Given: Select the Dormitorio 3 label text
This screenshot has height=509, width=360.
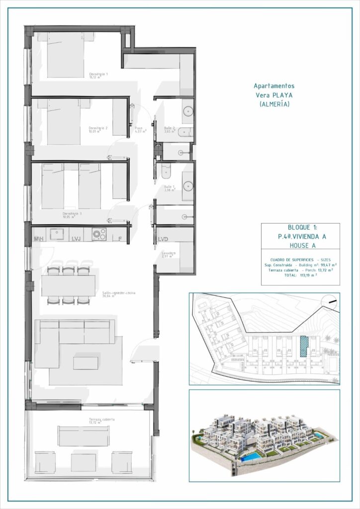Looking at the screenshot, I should pos(72,215).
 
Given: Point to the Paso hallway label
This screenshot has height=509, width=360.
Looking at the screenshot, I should pos(140,130).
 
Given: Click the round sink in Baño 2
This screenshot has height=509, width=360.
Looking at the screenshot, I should pos(188,111).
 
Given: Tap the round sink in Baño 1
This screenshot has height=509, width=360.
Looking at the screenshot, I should pos(188,186).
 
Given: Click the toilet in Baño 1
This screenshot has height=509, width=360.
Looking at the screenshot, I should pos(166,170).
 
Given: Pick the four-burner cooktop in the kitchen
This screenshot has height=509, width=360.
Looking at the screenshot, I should pos(98,234).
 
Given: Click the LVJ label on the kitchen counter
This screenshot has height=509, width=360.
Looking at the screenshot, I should pos(77,239).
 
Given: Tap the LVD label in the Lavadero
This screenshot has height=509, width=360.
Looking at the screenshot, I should pos(163,239).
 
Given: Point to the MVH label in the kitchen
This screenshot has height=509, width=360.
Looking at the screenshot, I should pos(39,239).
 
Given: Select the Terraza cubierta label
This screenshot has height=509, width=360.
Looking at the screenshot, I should pos(102,421).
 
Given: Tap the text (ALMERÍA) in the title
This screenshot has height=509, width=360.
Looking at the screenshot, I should pos(274,104).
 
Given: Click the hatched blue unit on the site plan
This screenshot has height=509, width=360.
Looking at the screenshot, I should pos(304,344).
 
